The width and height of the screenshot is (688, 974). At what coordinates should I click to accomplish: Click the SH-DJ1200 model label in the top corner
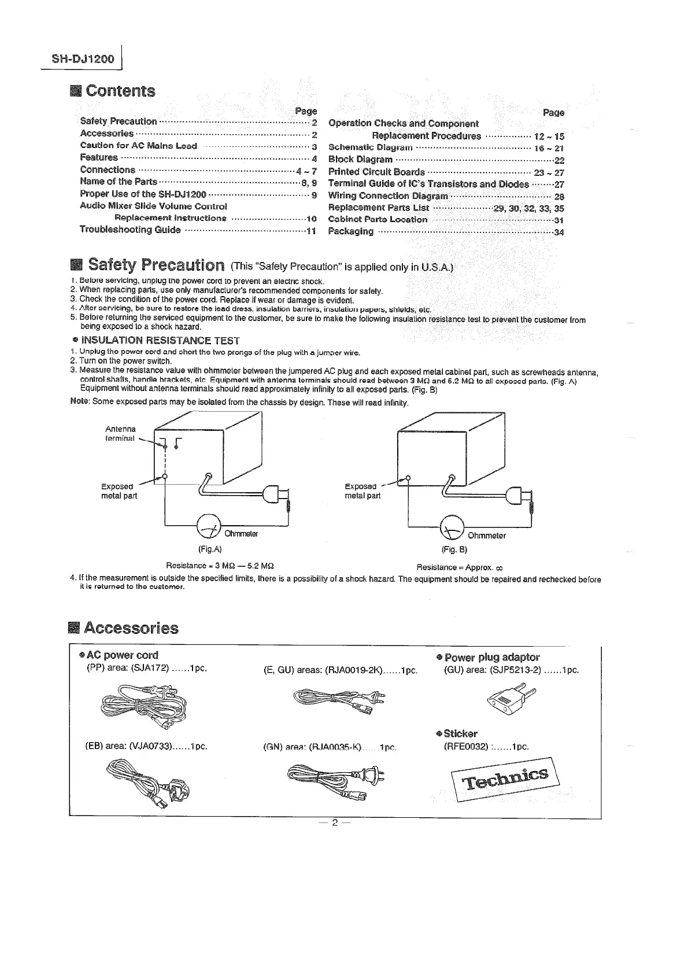pyautogui.click(x=83, y=60)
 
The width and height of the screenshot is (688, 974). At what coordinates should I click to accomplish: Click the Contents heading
pyautogui.click(x=120, y=91)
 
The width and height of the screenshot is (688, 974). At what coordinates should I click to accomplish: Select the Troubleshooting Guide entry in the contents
pyautogui.click(x=130, y=230)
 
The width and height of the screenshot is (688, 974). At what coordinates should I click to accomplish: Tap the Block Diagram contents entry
pyautogui.click(x=360, y=160)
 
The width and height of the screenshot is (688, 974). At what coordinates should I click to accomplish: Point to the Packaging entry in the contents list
pyautogui.click(x=350, y=231)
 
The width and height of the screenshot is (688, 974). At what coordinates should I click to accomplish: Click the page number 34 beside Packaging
pyautogui.click(x=558, y=233)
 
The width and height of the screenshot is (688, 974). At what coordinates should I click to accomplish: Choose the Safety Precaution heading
pyautogui.click(x=156, y=265)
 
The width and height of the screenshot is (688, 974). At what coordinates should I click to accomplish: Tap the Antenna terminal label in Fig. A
pyautogui.click(x=120, y=433)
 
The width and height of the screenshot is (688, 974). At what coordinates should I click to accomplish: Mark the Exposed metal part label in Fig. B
pyautogui.click(x=363, y=491)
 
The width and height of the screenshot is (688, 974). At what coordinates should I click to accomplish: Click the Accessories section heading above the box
pyautogui.click(x=131, y=628)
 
